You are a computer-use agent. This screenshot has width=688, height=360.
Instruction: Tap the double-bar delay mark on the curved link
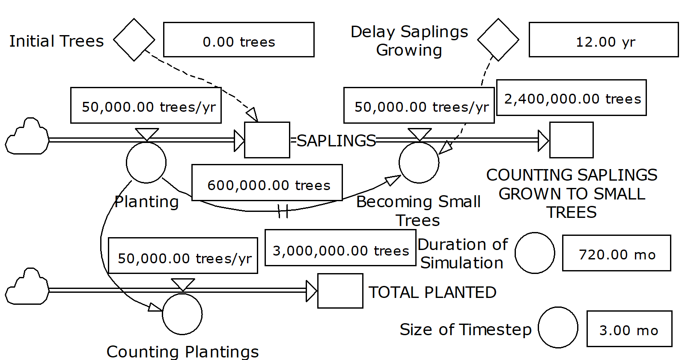[283, 211]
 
